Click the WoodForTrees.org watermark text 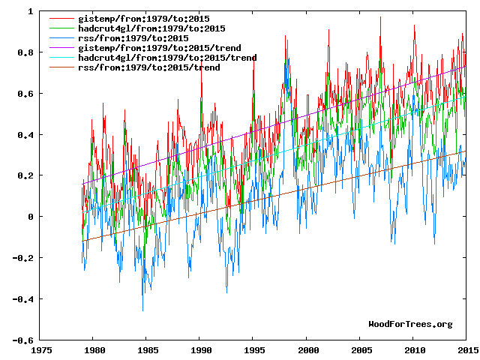click(410, 324)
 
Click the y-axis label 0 click(29, 217)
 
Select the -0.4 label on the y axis click(22, 299)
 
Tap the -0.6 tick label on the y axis click(22, 340)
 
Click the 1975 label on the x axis click(40, 350)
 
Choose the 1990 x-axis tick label click(200, 350)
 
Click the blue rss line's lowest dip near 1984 click(142, 310)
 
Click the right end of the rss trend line click(466, 151)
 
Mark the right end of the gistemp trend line click(466, 66)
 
